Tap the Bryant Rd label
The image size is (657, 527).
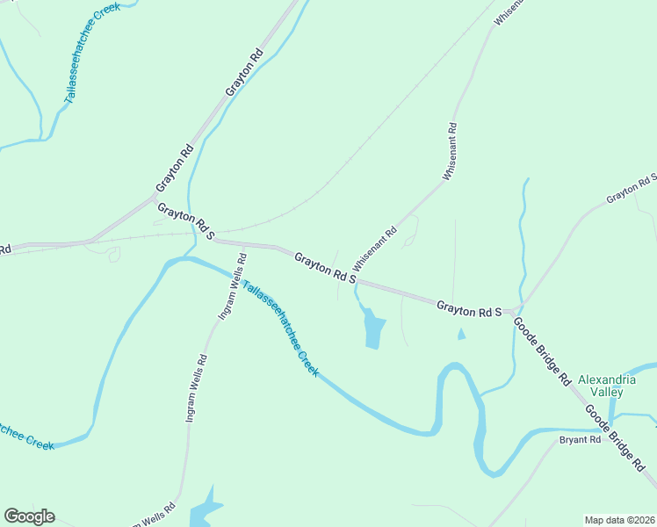click(580, 439)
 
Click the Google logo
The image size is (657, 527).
click(29, 516)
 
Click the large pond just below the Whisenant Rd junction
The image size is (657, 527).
click(373, 328)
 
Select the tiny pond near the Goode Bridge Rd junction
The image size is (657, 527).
click(460, 334)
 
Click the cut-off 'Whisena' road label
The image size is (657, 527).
click(509, 11)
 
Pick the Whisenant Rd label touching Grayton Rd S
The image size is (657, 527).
click(374, 249)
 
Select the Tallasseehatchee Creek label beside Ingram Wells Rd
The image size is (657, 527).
click(281, 328)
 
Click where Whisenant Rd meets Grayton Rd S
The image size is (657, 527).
click(355, 280)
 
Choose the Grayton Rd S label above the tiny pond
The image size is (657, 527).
click(469, 309)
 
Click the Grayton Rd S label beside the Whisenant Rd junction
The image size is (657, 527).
click(325, 268)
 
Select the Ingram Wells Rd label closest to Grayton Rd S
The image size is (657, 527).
click(233, 285)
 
